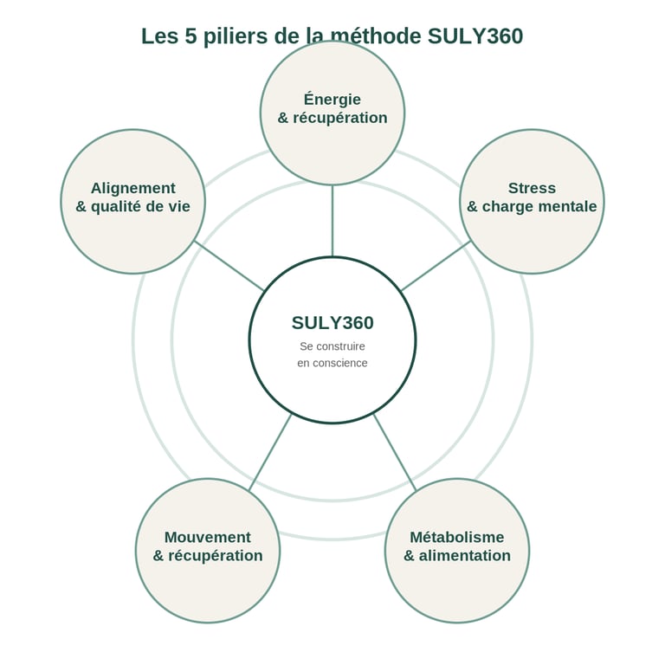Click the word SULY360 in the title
point(475,36)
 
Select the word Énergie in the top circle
point(332,99)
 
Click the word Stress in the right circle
point(532,188)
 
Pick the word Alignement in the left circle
point(133,188)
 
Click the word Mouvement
point(208,537)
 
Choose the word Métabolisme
point(457,537)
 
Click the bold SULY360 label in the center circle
point(332,323)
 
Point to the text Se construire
point(332,346)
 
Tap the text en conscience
point(332,363)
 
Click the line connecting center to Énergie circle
point(332,221)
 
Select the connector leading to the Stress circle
point(436,266)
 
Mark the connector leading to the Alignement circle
point(229,266)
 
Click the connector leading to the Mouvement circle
point(270,452)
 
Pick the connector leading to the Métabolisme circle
point(395,452)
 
